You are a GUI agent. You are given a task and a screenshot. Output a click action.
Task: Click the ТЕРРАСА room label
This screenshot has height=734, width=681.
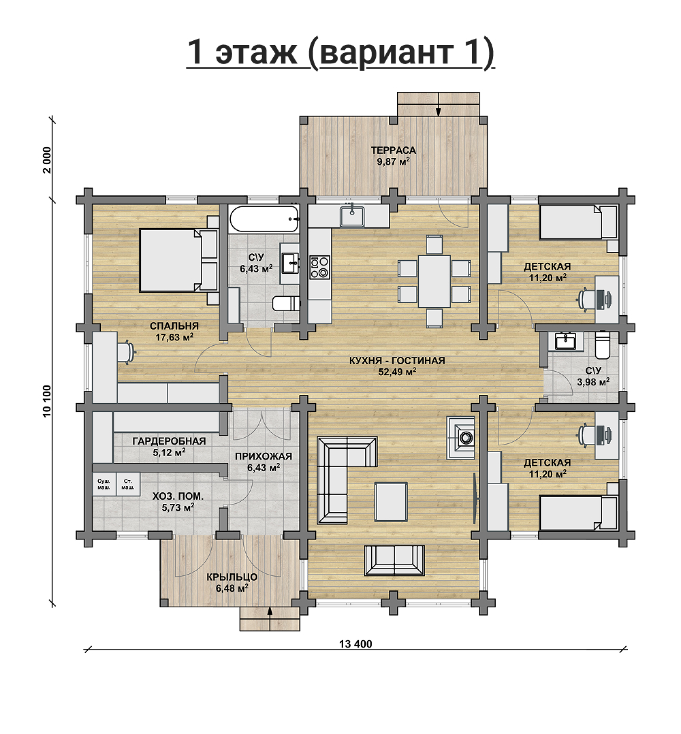393,151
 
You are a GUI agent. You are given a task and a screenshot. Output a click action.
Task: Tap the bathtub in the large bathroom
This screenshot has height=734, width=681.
264,219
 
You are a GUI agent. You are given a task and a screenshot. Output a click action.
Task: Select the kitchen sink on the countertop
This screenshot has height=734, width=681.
352,217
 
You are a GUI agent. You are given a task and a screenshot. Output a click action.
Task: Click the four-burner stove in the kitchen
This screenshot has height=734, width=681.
320,267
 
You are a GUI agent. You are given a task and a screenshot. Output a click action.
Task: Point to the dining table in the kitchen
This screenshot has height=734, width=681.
434,281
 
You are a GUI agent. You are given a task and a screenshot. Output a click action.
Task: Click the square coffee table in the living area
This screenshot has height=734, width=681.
391,502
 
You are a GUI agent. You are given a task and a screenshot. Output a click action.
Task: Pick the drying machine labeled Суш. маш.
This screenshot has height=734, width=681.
104,485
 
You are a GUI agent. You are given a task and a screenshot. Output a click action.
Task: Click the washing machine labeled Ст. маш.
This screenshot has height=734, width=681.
128,485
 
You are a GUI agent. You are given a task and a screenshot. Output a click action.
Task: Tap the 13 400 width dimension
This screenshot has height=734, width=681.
355,644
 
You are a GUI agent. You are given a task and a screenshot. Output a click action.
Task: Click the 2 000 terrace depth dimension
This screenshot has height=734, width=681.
47,160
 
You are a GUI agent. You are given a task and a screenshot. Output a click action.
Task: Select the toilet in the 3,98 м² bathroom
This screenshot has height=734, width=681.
602,346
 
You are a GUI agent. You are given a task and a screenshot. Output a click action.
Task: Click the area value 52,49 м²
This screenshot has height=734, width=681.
397,372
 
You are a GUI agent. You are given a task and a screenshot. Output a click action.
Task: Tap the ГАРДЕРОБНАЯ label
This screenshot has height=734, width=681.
169,441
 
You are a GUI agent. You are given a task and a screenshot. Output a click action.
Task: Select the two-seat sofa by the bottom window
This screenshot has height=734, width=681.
394,560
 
